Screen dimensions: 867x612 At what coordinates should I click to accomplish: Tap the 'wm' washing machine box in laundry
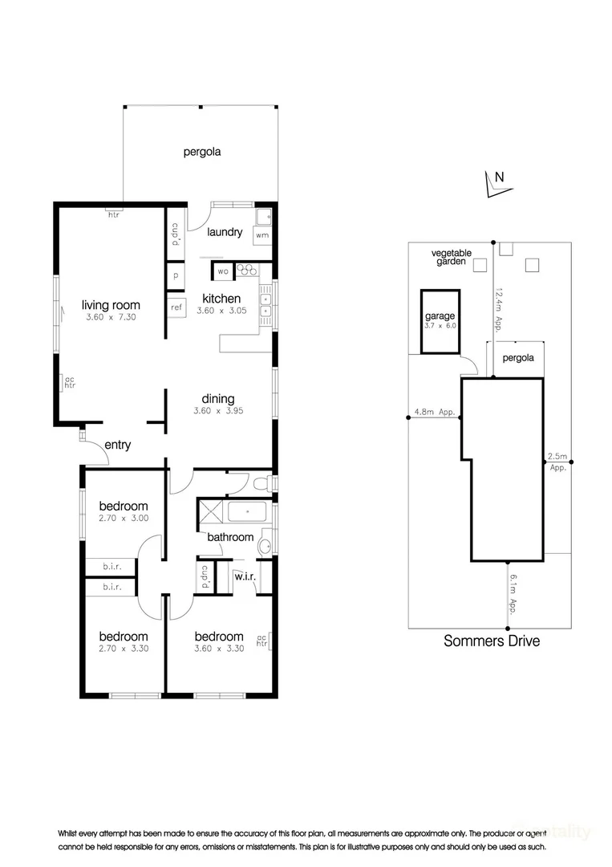pyautogui.click(x=262, y=235)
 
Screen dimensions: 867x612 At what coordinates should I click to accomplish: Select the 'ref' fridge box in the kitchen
pyautogui.click(x=176, y=307)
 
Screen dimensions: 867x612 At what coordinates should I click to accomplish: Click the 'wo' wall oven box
pyautogui.click(x=222, y=271)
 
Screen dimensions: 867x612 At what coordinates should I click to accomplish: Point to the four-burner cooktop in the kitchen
pyautogui.click(x=247, y=271)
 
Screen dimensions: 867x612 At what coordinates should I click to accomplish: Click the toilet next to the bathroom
pyautogui.click(x=260, y=484)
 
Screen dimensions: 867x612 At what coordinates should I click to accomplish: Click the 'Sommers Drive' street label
pyautogui.click(x=492, y=641)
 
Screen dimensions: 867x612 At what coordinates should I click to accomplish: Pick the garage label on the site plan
pyautogui.click(x=440, y=316)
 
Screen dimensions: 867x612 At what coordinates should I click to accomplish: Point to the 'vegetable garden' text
pyautogui.click(x=452, y=257)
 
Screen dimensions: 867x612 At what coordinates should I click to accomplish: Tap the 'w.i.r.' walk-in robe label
pyautogui.click(x=245, y=577)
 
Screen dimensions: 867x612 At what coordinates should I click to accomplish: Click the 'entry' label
pyautogui.click(x=117, y=445)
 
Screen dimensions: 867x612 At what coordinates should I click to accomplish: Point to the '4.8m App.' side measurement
pyautogui.click(x=434, y=413)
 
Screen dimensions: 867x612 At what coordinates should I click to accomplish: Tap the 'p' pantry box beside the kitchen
pyautogui.click(x=175, y=275)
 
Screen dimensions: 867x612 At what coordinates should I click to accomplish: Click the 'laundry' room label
pyautogui.click(x=225, y=232)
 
